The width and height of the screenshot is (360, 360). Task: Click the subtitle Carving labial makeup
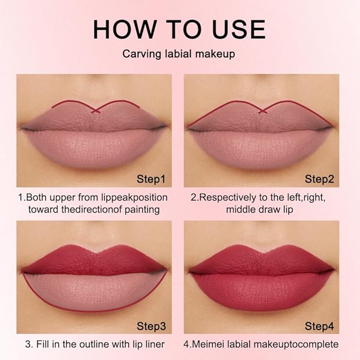[179, 55]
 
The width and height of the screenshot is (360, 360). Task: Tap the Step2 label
[319, 179]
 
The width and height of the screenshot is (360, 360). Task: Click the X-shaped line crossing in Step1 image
[95, 110]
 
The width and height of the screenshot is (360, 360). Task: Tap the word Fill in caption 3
[46, 344]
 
